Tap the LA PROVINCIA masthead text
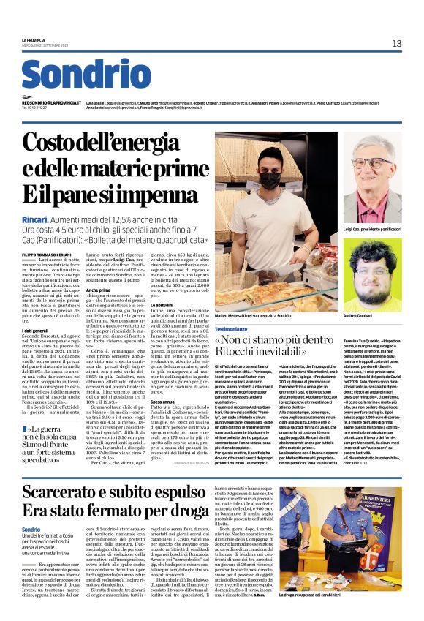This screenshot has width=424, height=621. (34, 39)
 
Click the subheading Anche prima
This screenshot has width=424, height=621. (97, 290)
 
